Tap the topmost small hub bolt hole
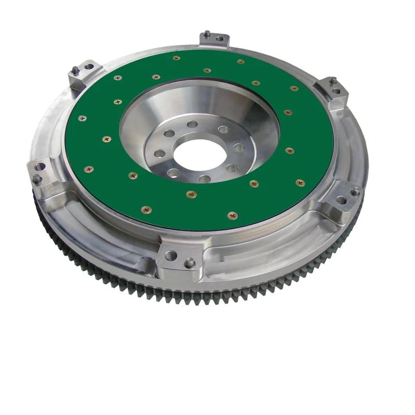click(x=192, y=125)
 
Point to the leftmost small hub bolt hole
click(x=160, y=153)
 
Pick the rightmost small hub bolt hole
click(x=239, y=148)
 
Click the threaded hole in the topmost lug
click(x=219, y=38)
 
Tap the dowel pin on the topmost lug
click(x=206, y=34)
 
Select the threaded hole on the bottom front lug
click(x=171, y=255)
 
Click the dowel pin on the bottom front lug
click(x=190, y=262)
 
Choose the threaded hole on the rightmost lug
click(x=341, y=200)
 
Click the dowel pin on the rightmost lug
click(x=355, y=192)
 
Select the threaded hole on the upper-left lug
click(x=89, y=66)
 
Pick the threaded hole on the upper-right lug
click(x=336, y=91)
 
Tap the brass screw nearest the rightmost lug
click(x=300, y=183)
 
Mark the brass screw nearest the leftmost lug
click(x=89, y=169)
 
